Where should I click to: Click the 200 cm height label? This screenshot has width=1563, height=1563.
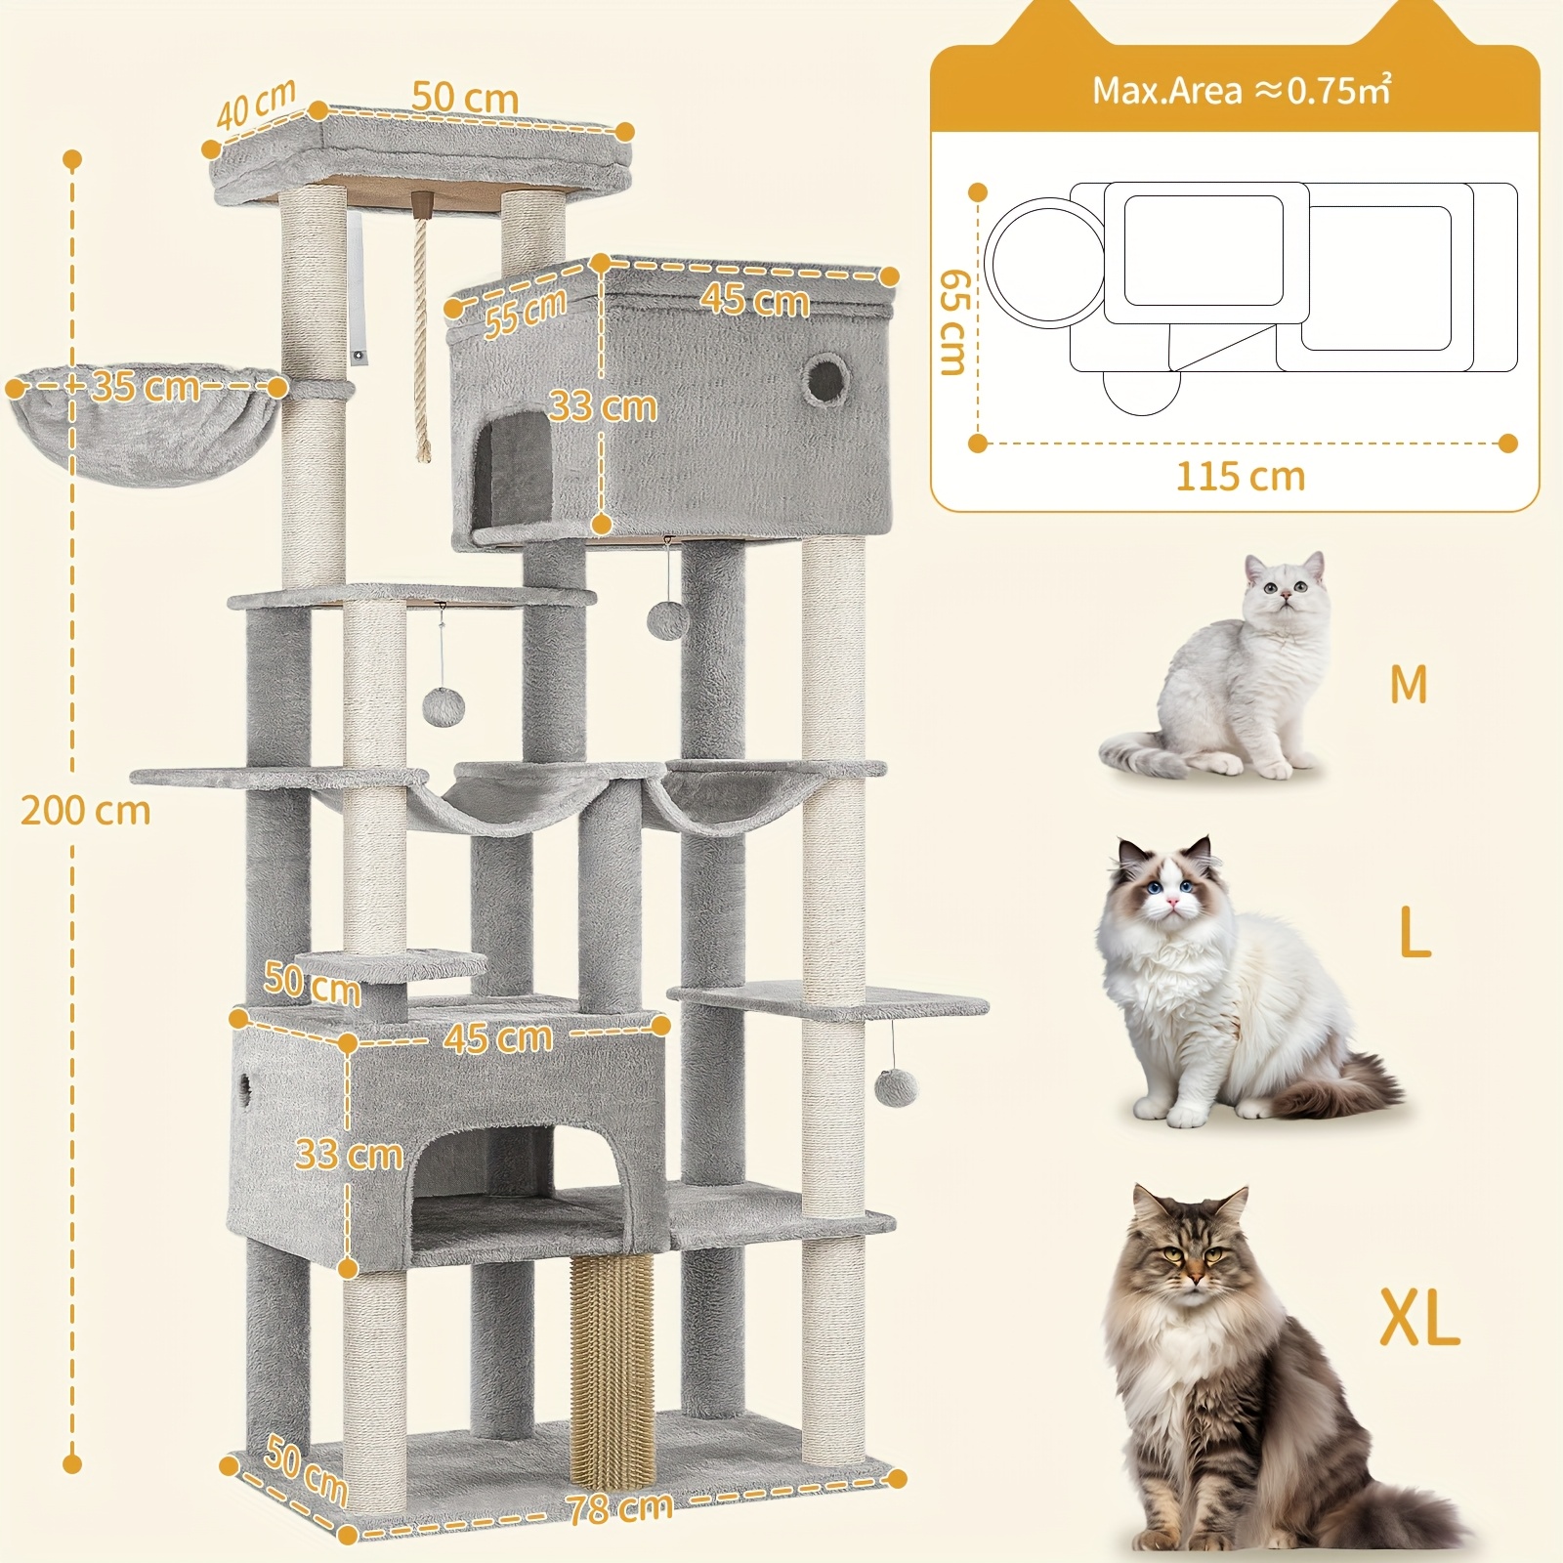pos(86,811)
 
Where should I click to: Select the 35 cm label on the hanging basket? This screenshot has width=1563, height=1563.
pos(146,387)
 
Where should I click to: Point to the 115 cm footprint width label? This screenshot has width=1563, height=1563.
pos(1241,477)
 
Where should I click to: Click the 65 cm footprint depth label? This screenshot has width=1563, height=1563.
pos(953,321)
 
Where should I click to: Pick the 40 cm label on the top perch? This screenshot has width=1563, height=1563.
pos(256,105)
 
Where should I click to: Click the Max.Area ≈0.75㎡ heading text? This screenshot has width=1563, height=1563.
pos(1242,90)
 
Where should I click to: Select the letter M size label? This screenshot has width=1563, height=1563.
pos(1409,684)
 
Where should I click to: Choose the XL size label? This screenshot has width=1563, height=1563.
pos(1419,1317)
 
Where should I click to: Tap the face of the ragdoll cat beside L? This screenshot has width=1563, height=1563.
pos(1169,888)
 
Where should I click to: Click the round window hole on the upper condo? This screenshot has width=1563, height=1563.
pos(825,378)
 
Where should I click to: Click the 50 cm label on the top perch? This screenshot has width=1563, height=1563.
pos(465,98)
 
